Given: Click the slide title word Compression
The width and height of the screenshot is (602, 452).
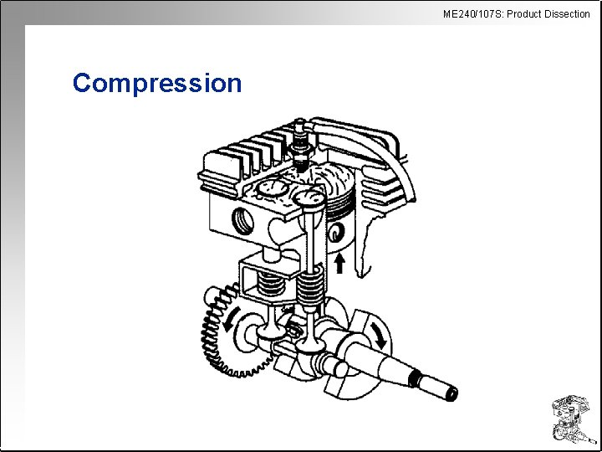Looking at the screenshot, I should click(157, 83).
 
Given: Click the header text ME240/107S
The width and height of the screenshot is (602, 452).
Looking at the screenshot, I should click(472, 13).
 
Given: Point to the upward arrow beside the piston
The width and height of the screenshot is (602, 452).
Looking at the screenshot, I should click(339, 265).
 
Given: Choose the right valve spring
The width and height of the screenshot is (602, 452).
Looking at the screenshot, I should click(310, 289).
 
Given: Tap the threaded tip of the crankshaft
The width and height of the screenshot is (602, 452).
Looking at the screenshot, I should click(443, 389).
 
